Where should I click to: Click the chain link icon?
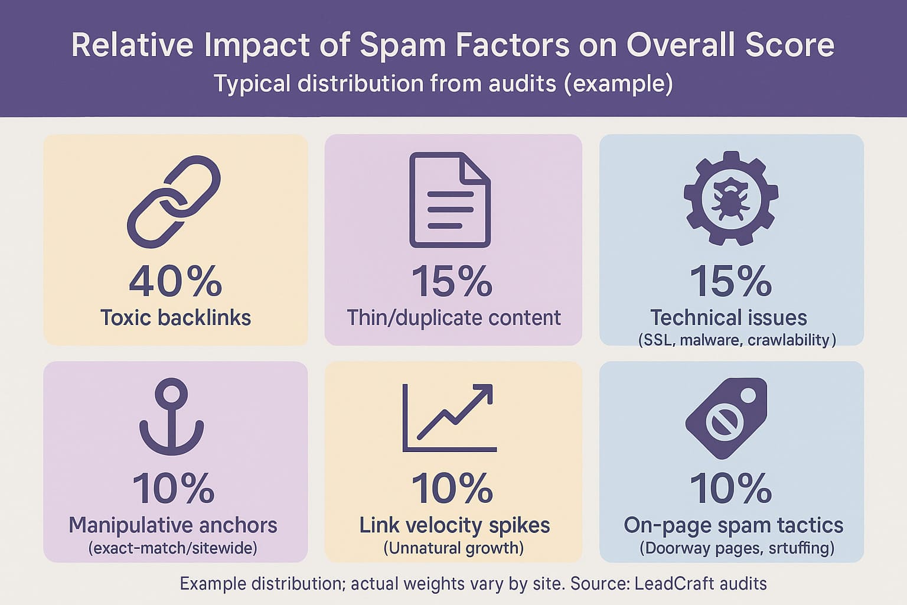[174, 201]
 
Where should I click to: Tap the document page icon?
[450, 200]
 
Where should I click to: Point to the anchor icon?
[172, 416]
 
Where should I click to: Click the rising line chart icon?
[449, 418]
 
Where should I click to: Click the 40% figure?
[175, 281]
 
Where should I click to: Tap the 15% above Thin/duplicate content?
[452, 281]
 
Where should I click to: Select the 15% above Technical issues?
[730, 281]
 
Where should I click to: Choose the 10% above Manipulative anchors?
[174, 489]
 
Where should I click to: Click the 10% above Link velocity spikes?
[452, 489]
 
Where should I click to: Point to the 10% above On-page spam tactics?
[730, 489]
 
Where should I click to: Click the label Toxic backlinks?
[175, 318]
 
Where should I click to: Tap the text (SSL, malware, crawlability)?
[737, 340]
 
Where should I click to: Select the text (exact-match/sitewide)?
[173, 548]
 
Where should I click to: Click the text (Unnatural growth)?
[453, 548]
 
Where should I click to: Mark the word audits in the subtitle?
[521, 83]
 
